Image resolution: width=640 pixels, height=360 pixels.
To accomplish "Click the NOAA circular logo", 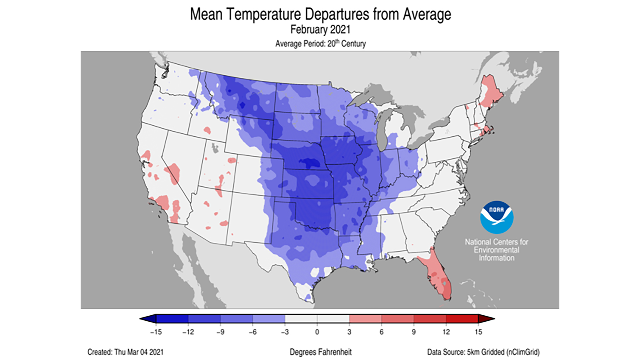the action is pyautogui.click(x=496, y=217).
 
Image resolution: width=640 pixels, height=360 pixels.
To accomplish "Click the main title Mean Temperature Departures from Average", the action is pyautogui.click(x=320, y=14).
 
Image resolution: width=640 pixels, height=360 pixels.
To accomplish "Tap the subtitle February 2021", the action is pyautogui.click(x=320, y=29).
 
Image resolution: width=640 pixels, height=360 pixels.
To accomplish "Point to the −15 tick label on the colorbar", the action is pyautogui.click(x=156, y=332).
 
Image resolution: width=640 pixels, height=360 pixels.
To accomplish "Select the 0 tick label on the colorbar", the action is pyautogui.click(x=317, y=332).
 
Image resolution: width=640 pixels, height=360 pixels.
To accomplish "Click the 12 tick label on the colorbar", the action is pyautogui.click(x=446, y=332).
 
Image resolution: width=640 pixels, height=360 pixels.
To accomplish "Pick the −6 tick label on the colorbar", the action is pyautogui.click(x=253, y=332).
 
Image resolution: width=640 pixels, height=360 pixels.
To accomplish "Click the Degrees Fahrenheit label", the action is pyautogui.click(x=320, y=352).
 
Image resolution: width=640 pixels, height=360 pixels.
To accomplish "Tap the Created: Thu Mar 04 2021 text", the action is pyautogui.click(x=125, y=352).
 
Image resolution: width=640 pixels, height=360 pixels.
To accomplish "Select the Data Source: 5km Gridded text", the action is pyautogui.click(x=483, y=352).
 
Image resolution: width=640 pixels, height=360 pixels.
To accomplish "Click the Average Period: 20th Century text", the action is pyautogui.click(x=320, y=44).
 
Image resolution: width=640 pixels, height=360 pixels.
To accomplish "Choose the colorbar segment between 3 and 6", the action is pyautogui.click(x=365, y=319).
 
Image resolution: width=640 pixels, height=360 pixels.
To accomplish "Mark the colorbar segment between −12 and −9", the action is pyautogui.click(x=204, y=319).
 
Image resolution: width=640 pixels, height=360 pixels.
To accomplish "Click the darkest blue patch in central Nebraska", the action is pyautogui.click(x=310, y=163).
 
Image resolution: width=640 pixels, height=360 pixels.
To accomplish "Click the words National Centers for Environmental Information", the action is pyautogui.click(x=496, y=250).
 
